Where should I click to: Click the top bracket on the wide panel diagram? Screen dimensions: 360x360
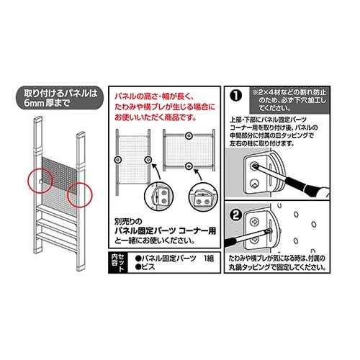[189, 135]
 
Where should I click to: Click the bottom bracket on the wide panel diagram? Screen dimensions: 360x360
[189, 167]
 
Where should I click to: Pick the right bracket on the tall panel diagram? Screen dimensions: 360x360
[148, 158]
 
